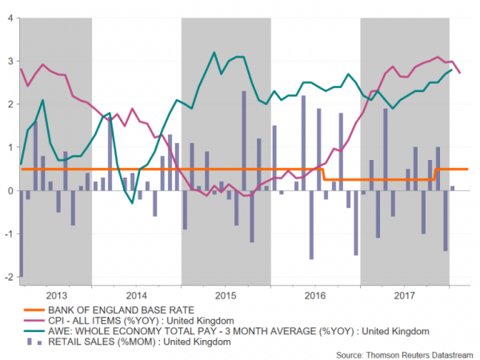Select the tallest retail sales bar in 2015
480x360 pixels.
(x=243, y=141)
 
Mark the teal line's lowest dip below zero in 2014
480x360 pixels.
(x=133, y=203)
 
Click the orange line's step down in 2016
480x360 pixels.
(x=322, y=174)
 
